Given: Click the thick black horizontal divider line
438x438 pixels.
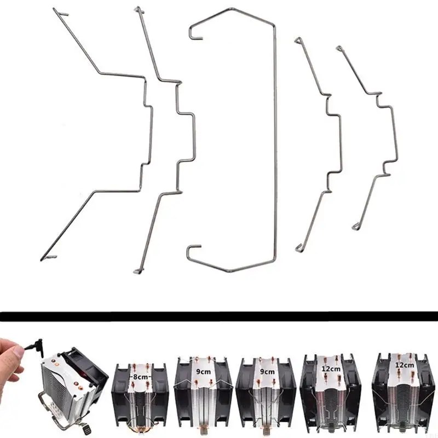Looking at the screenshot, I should tap(219, 316).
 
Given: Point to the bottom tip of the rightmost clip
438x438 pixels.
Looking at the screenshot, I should tap(356, 226).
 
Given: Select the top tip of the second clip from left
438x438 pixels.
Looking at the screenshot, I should tap(139, 9).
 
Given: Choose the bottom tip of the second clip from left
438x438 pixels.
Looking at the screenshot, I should tap(137, 269).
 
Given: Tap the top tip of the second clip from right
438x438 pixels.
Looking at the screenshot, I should tap(298, 40).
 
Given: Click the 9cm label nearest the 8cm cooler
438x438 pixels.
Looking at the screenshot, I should tap(203, 371).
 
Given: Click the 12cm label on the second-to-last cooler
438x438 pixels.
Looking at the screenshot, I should tap(330, 369).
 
